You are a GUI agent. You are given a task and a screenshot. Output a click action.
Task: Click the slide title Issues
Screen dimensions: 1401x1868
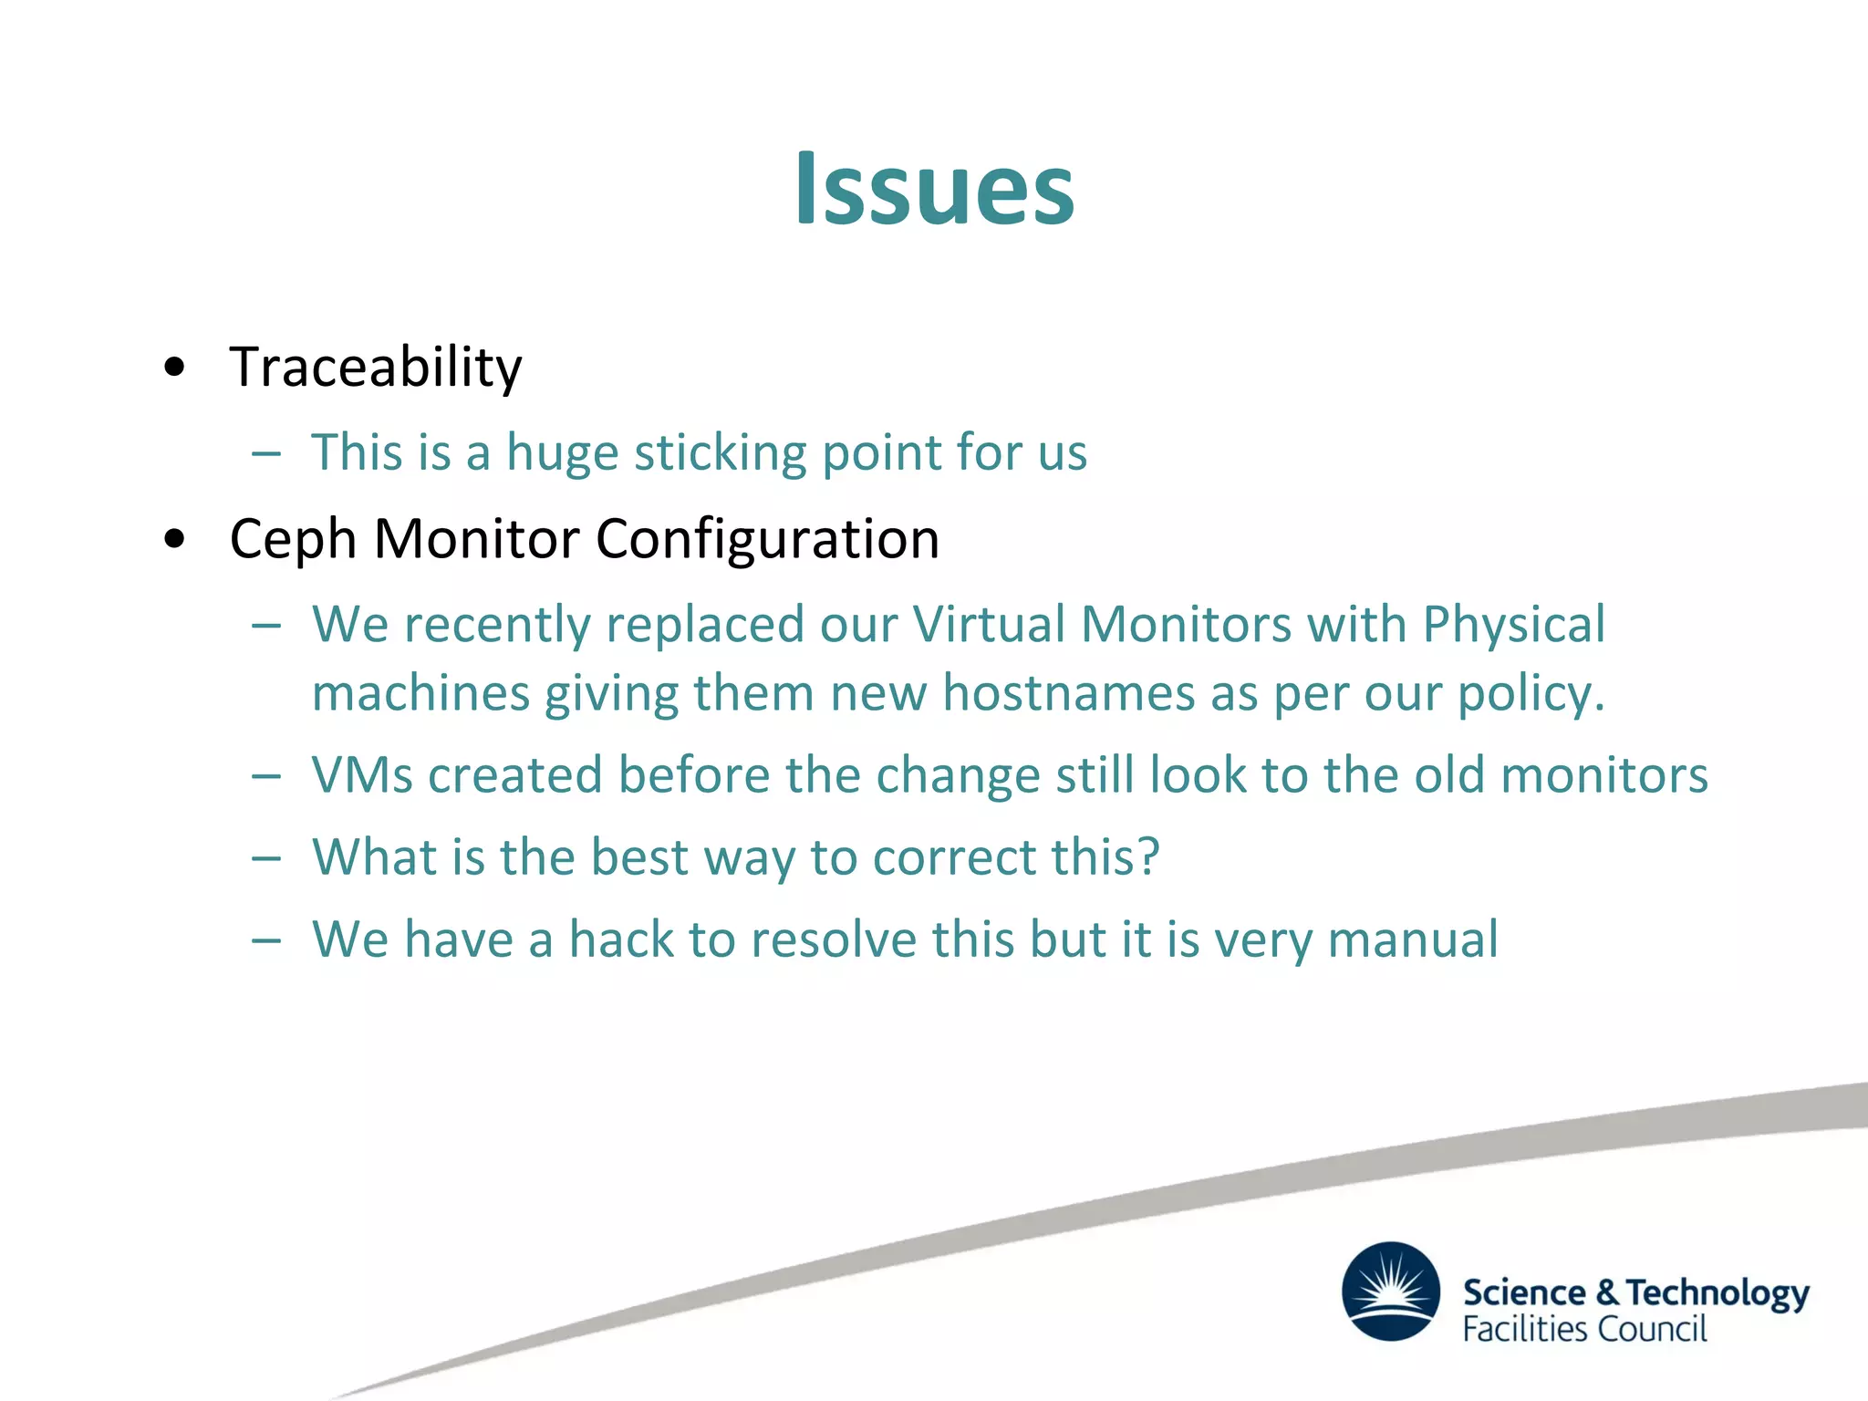point(934,189)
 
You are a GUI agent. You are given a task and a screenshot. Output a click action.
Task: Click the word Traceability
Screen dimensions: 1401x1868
point(376,368)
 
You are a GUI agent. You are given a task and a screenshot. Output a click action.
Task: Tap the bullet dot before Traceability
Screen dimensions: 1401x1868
point(174,368)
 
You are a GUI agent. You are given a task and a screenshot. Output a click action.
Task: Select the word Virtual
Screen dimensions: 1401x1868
point(989,626)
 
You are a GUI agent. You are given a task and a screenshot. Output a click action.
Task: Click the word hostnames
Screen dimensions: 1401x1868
point(1068,693)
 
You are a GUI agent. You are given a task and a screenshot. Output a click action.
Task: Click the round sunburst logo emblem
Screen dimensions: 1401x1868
point(1390,1292)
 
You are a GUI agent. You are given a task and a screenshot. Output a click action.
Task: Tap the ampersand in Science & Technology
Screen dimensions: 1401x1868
point(1607,1292)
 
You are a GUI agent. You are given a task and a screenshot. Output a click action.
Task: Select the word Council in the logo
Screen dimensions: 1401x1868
point(1652,1330)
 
